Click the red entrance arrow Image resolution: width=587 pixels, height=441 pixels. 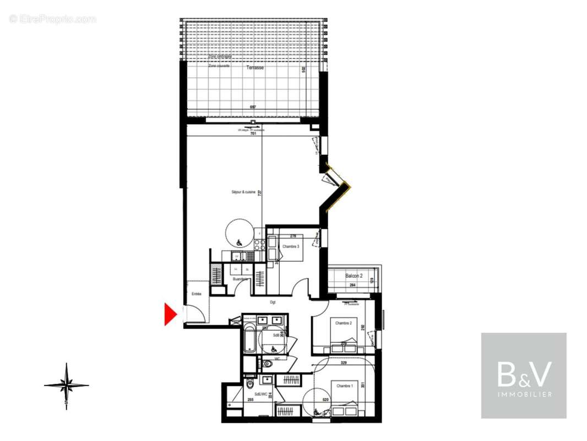pos(170,314)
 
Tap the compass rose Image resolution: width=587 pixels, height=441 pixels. pos(66,385)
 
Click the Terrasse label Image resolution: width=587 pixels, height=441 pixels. pos(255,68)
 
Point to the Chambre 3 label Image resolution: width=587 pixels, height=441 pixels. pos(291,246)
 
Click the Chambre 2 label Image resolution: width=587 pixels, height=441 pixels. pos(343,323)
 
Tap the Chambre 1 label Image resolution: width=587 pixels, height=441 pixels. pos(343,385)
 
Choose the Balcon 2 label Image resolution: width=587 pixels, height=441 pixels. pos(354,276)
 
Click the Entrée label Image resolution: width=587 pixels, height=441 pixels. pos(196,294)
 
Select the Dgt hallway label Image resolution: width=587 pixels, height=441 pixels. pos(272,302)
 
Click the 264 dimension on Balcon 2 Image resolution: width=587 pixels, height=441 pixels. pos(353,285)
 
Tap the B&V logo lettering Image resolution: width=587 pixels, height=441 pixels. pos(523,375)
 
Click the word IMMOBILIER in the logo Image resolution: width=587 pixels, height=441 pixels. pos(524,394)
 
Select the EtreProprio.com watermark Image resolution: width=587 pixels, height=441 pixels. pos(53,19)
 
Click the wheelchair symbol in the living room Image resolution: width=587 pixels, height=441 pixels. pos(239,243)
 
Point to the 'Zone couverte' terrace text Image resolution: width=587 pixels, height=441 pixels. pos(219,66)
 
